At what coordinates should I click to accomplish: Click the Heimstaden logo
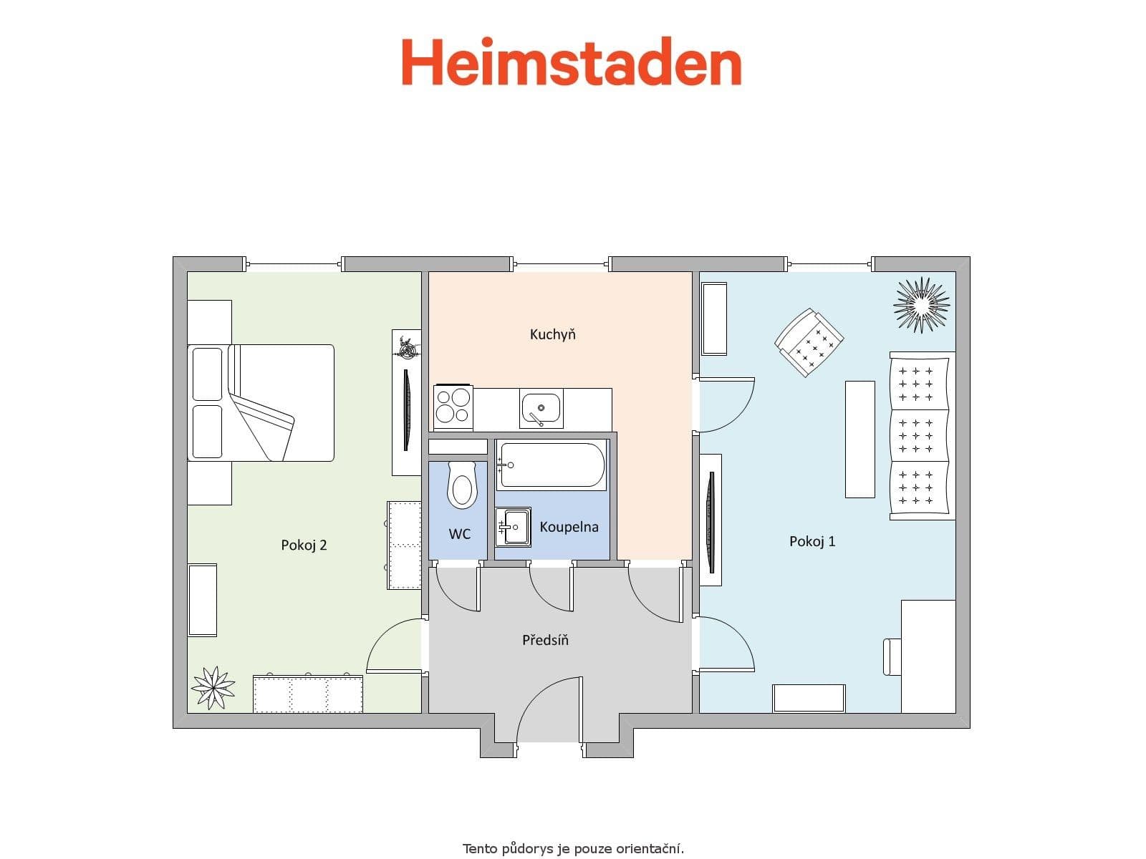click(571, 63)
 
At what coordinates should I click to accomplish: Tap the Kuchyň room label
click(552, 334)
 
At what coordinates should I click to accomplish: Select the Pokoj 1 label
click(812, 541)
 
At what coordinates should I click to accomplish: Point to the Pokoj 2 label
click(304, 545)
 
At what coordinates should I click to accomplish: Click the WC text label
click(459, 534)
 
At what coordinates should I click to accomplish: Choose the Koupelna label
click(569, 527)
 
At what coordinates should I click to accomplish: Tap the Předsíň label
click(545, 640)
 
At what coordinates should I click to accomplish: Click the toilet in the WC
click(461, 485)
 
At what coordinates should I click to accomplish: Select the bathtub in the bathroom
click(552, 465)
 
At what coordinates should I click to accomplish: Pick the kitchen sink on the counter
click(541, 408)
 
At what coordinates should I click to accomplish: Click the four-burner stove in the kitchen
click(453, 406)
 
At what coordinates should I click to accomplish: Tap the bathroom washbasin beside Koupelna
click(513, 527)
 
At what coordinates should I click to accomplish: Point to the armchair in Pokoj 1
click(809, 342)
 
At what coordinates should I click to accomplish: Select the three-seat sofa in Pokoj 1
click(921, 435)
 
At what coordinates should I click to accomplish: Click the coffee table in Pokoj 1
click(860, 439)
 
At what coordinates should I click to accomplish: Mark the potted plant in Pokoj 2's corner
click(213, 687)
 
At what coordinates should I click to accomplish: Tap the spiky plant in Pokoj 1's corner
click(921, 304)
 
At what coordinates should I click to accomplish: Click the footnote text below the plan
click(573, 849)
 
